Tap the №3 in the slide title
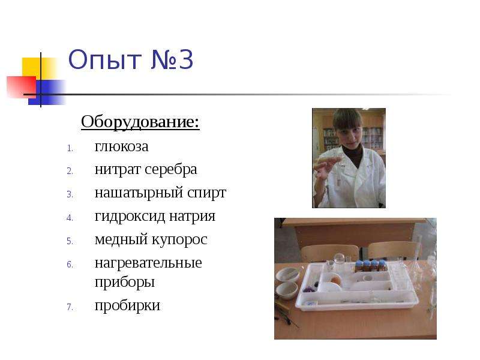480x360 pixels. click(x=172, y=59)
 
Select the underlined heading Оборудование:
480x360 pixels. click(x=140, y=122)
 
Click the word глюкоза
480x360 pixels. click(x=122, y=146)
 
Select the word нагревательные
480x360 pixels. click(x=148, y=263)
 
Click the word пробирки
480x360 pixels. click(x=127, y=306)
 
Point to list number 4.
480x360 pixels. click(x=70, y=218)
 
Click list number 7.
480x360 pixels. click(x=70, y=307)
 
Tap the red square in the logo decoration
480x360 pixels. click(x=22, y=87)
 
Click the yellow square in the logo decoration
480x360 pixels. click(x=32, y=67)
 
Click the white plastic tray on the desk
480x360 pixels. click(x=356, y=287)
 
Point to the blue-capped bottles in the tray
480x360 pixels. click(x=371, y=266)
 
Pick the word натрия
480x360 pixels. click(x=192, y=217)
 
